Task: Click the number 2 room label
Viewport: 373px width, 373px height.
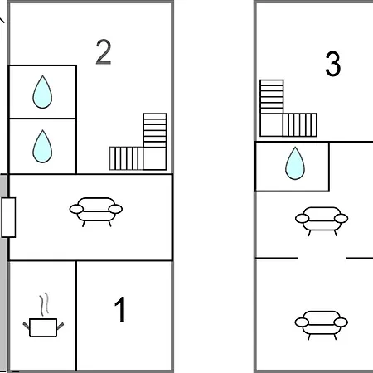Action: click(x=104, y=52)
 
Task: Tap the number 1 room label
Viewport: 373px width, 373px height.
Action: click(x=120, y=309)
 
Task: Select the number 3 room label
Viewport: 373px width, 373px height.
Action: click(x=333, y=64)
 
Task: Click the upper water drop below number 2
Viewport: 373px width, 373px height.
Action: click(x=42, y=92)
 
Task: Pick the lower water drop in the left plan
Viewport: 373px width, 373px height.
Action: click(x=42, y=147)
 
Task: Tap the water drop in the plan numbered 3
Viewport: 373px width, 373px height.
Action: click(x=295, y=163)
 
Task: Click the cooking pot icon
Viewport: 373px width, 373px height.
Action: click(x=43, y=327)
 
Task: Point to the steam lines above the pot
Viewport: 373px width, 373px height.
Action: click(x=44, y=304)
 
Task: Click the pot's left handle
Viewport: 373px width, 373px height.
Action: click(x=27, y=326)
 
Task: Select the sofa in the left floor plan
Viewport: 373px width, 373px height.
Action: click(x=96, y=212)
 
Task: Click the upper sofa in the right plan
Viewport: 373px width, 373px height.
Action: click(x=322, y=221)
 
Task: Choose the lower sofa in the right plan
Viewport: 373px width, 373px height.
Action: click(x=322, y=325)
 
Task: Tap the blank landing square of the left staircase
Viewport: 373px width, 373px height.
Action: click(x=155, y=158)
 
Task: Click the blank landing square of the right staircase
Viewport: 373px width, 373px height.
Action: click(x=272, y=125)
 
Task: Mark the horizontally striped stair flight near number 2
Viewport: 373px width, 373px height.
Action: click(x=155, y=130)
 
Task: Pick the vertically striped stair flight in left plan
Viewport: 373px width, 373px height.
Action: click(x=126, y=158)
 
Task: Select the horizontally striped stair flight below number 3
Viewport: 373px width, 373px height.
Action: click(x=272, y=97)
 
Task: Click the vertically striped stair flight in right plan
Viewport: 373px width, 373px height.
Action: click(x=300, y=125)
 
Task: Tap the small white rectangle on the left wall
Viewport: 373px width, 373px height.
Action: click(x=8, y=217)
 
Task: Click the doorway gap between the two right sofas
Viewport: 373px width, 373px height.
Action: click(x=322, y=258)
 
